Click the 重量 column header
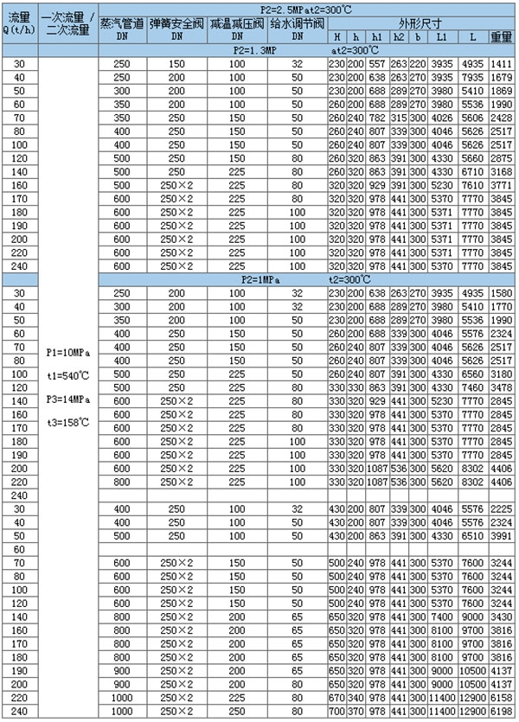502,38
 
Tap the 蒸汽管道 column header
122,24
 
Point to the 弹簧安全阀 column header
177,24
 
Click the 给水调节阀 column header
297,24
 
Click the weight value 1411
502,64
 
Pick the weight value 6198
502,711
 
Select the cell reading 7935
471,78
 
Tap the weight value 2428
502,118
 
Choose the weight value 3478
502,387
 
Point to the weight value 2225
502,509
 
